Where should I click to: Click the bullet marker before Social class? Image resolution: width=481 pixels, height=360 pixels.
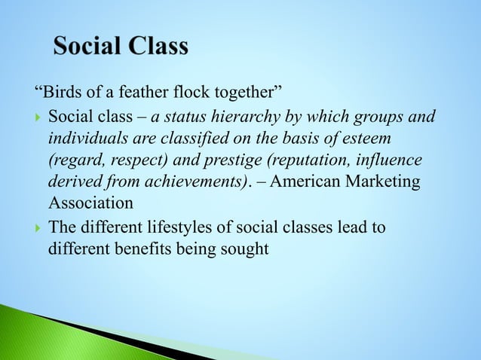tap(38, 118)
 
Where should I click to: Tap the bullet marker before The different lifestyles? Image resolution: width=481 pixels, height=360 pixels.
tap(38, 228)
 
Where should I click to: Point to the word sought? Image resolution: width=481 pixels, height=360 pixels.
tap(243, 249)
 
